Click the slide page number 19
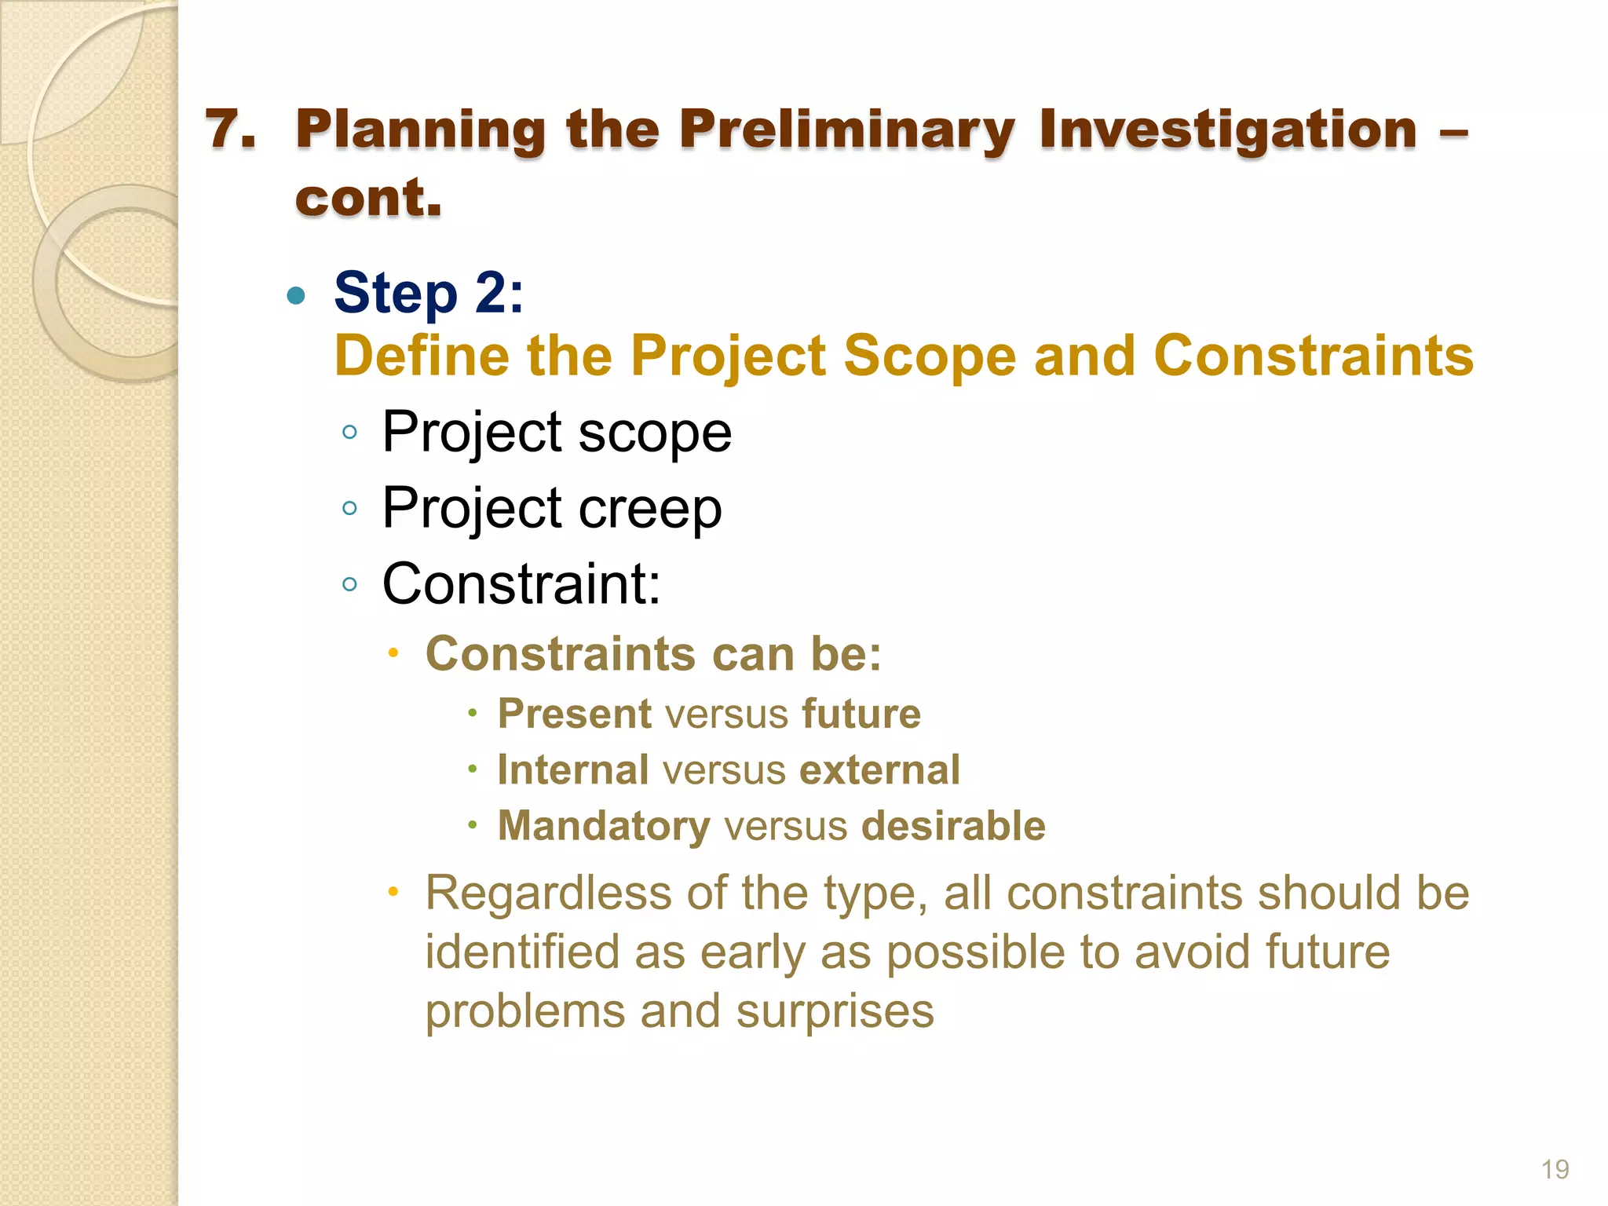[x=1555, y=1169]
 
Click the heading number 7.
[x=230, y=130]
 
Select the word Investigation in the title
[x=1228, y=130]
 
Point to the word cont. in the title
[x=368, y=198]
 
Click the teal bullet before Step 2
[x=296, y=295]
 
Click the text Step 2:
[x=429, y=293]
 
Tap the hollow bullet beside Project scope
[x=350, y=432]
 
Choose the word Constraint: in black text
[x=521, y=583]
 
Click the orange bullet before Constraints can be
[x=393, y=652]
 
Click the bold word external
[x=879, y=769]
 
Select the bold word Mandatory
[x=604, y=826]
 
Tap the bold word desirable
[x=953, y=826]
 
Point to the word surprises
[x=835, y=1011]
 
